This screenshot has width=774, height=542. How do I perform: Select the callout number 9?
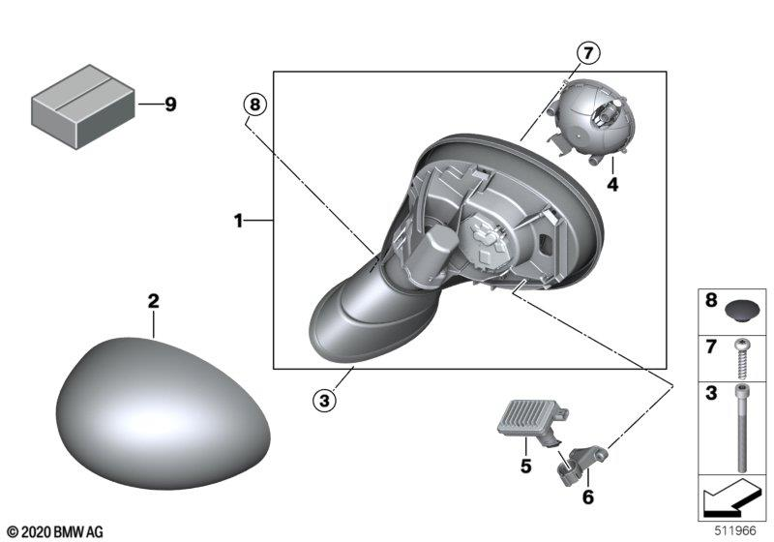170,105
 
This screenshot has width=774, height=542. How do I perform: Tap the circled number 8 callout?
254,104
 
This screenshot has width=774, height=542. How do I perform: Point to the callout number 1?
238,222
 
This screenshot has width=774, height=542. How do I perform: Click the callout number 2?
152,302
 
